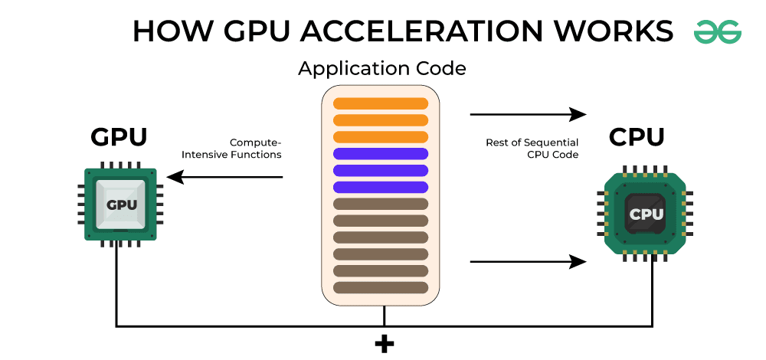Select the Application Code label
381,68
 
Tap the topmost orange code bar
381,103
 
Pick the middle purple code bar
381,170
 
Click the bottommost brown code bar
381,287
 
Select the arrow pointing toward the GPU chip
225,178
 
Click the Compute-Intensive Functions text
231,149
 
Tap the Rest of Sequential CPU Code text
532,149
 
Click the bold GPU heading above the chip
119,137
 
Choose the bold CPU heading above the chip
637,137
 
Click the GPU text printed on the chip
120,205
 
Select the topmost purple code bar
381,153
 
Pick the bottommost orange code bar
381,136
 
